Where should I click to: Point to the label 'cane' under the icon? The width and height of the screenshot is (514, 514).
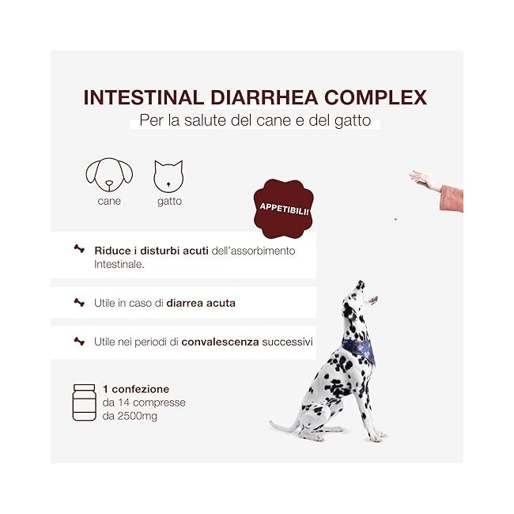109,202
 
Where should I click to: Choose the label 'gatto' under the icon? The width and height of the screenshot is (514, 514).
168,202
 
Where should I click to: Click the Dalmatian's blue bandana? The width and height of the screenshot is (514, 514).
360,348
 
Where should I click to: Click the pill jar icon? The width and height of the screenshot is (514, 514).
84,402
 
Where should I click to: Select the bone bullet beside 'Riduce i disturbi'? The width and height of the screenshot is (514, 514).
78,249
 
